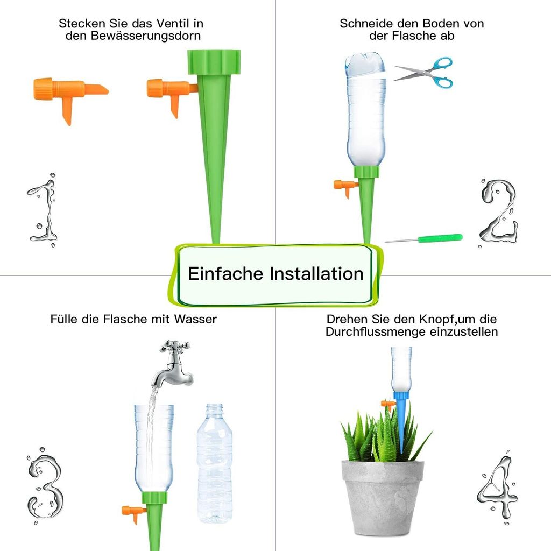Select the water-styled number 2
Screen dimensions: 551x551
[499, 212]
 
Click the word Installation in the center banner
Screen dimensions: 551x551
[316, 273]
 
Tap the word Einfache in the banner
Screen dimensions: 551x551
[225, 273]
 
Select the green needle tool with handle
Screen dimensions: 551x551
[423, 238]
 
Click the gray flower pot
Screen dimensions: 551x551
[383, 498]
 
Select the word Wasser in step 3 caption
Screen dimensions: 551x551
[195, 319]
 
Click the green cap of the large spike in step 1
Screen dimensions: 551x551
[214, 62]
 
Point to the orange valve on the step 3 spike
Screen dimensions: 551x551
[134, 514]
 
